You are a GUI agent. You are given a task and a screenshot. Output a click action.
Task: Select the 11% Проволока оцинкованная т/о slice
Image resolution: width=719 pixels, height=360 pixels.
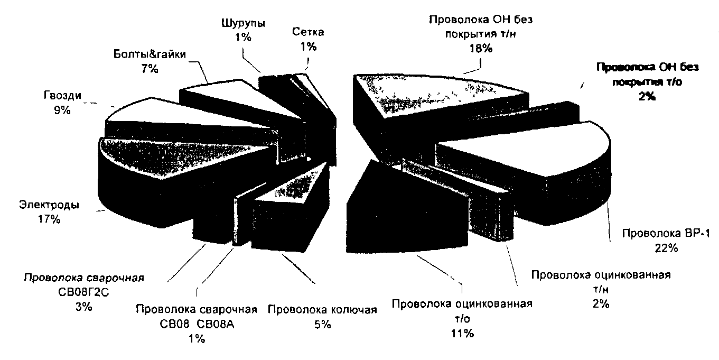point(380,211)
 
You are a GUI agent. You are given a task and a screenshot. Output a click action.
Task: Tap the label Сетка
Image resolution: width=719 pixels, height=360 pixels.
point(308,32)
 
